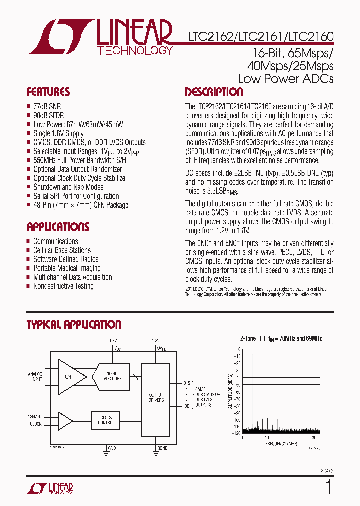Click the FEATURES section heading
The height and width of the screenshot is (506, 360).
(x=48, y=92)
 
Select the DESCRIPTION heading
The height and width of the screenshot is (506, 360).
(x=214, y=92)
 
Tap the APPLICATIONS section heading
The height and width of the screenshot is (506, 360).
(x=58, y=227)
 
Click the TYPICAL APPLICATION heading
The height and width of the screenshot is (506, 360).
(x=74, y=325)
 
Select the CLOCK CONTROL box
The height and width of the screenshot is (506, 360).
(x=106, y=420)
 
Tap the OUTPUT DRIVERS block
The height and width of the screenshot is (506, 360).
(x=156, y=397)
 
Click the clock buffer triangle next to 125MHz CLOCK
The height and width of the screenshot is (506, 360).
(x=64, y=420)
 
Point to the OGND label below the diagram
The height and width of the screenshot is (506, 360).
(x=160, y=449)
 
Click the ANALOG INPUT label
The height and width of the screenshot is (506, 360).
(x=35, y=376)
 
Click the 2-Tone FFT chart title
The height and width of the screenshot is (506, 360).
(x=281, y=338)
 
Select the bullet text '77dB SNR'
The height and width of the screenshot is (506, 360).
(x=48, y=106)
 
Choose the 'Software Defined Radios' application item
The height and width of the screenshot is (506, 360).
(x=66, y=259)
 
